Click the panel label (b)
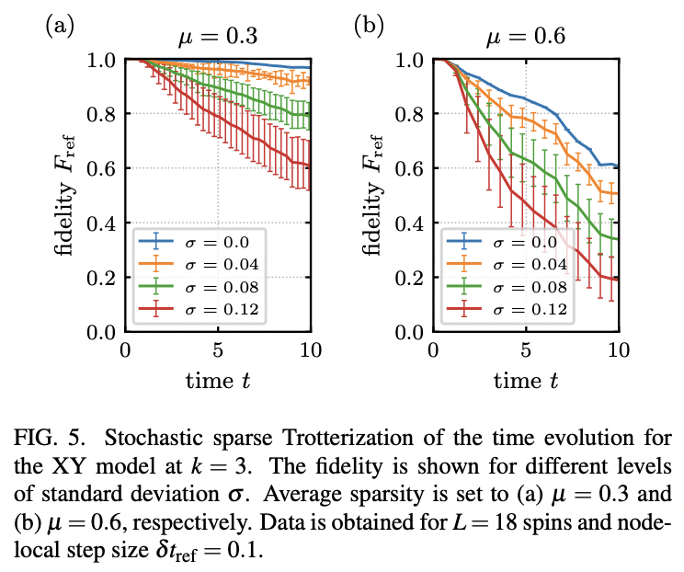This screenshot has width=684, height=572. coord(369,26)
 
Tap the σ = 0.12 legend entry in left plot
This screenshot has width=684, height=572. coord(199,309)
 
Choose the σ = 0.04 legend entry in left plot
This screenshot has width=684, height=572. coord(199,265)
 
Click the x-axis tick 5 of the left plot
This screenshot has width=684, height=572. coord(218,350)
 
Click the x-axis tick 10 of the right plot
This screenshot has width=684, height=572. coord(619,350)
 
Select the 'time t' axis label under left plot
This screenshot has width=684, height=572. coord(218,380)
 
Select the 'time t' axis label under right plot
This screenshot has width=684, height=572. coord(527,380)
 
